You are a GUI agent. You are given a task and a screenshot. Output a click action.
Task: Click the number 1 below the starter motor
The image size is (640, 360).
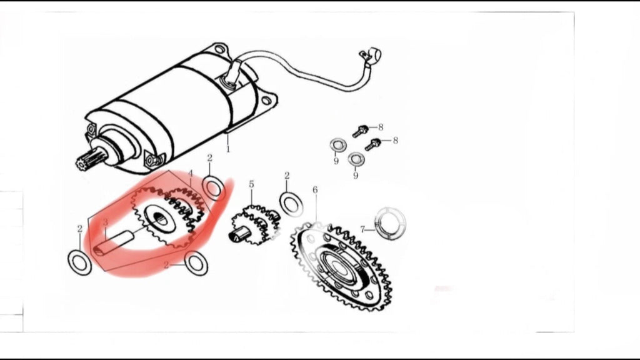coord(227,149)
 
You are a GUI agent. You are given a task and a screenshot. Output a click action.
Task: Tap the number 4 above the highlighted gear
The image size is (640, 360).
coord(190,174)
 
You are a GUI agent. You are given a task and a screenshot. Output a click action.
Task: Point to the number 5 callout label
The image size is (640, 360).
coord(251,184)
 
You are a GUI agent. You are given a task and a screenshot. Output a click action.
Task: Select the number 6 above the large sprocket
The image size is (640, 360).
coord(315,190)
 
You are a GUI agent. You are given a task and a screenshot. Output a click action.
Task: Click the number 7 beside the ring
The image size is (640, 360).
coord(362,230)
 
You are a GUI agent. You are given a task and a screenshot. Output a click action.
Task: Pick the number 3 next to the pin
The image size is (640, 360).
coord(105,222)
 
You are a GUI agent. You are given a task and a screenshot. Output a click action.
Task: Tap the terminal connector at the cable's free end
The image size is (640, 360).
coord(371,56)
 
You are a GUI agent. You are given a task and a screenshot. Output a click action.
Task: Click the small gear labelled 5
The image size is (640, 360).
coord(256,224)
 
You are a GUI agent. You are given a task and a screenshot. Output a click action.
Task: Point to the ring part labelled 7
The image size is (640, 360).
coord(391,224)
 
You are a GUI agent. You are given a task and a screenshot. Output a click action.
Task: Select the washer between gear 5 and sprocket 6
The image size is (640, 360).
coord(291,203)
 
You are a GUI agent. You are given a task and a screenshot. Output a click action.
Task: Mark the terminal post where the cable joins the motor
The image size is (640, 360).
coord(233,74)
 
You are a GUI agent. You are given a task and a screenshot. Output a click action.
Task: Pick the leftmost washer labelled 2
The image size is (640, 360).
coord(79,262)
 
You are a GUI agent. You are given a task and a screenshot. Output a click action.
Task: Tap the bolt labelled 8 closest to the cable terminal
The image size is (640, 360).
coord(361,131)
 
